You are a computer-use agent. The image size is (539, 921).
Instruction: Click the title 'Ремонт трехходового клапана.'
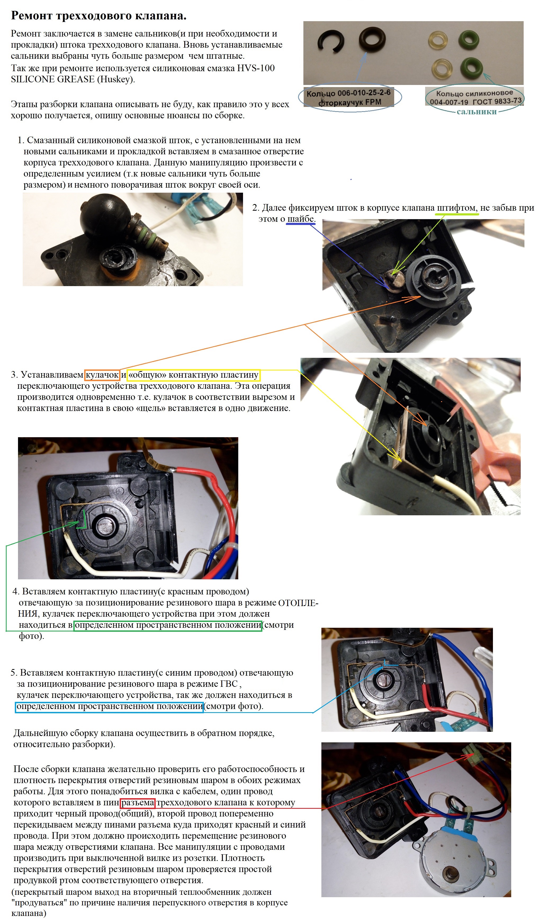click(99, 15)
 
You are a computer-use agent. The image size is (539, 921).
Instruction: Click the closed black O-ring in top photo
click(372, 38)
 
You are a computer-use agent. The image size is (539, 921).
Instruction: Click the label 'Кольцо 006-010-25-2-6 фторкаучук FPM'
click(349, 97)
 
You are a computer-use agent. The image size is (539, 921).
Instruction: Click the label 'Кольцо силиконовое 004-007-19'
click(475, 97)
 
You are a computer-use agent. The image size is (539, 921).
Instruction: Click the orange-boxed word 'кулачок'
click(102, 374)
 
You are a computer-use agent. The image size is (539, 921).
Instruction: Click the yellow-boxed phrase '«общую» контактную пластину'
click(194, 374)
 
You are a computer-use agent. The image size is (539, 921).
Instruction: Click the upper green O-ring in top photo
click(469, 39)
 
